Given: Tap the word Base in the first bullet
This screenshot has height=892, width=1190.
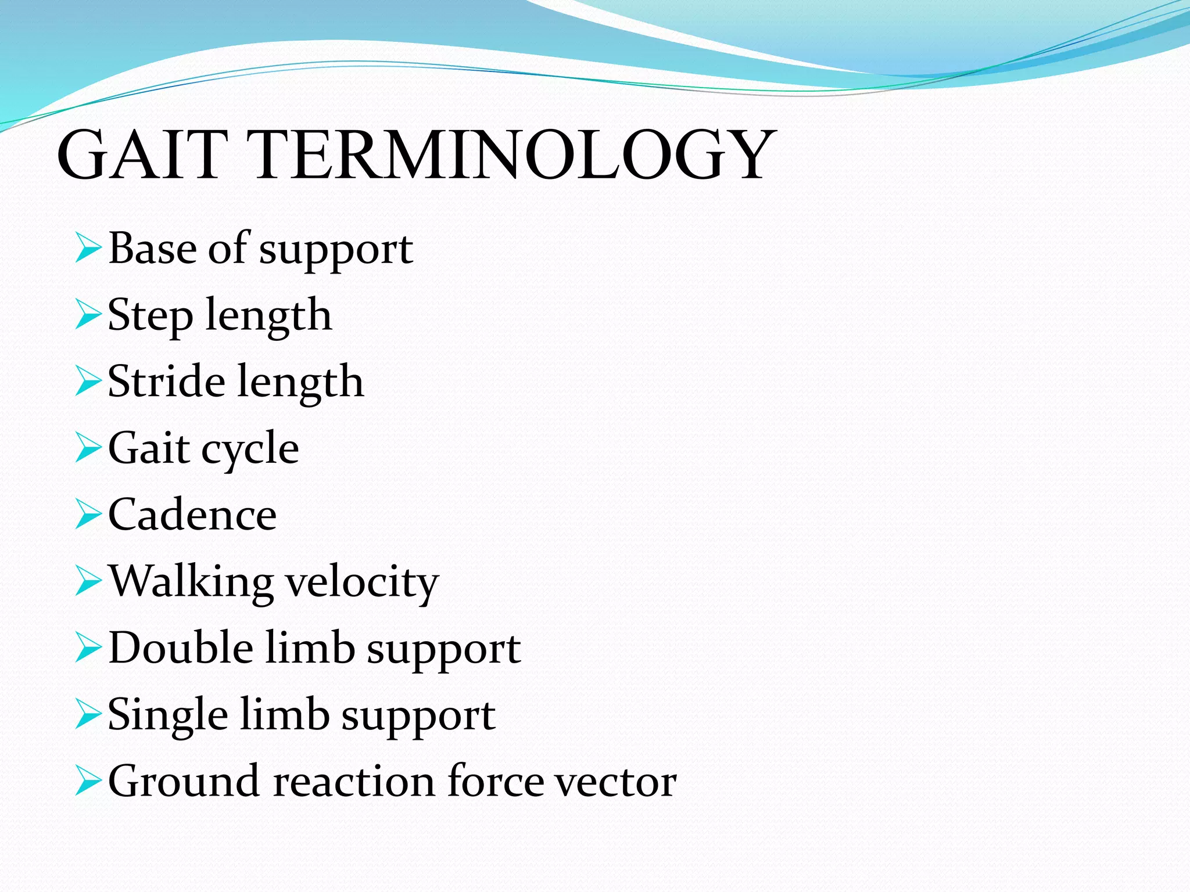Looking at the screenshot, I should (153, 249).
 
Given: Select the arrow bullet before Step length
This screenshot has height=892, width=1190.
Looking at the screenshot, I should (88, 315).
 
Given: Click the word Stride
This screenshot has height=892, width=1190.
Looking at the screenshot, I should (166, 382).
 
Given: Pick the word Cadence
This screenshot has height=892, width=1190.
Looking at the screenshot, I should (192, 515).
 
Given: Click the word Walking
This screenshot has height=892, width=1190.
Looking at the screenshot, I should (191, 582).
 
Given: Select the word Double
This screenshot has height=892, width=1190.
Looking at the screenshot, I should (181, 648).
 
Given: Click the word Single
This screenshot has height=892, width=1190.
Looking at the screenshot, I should (167, 715).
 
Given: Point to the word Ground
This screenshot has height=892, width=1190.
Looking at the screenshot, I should (184, 782).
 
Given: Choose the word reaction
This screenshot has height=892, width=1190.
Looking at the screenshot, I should (353, 782).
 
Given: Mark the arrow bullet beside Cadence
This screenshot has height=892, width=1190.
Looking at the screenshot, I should (88, 515).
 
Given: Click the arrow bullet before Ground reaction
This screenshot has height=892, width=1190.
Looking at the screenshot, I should (88, 782).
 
